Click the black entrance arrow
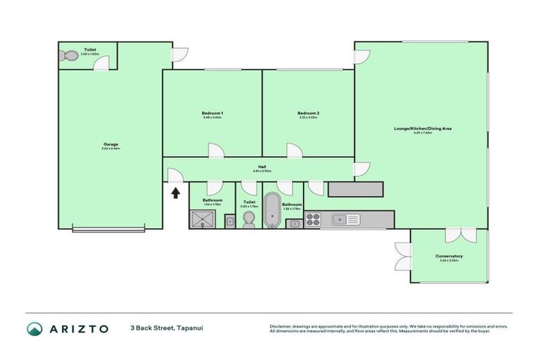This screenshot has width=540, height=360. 175,192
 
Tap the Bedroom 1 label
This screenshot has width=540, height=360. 212,113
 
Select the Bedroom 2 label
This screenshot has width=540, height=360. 308,113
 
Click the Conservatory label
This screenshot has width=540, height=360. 449,256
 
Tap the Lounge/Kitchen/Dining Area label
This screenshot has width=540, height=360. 423,129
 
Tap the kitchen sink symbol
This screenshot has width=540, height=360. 346,219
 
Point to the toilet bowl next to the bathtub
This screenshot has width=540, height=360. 248,221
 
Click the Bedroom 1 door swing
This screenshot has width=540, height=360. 216,150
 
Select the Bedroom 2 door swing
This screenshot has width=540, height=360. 294,150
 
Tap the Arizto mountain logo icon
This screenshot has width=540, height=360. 34,328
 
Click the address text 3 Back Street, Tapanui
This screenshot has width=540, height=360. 161,328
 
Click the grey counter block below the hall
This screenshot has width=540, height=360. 355,189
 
